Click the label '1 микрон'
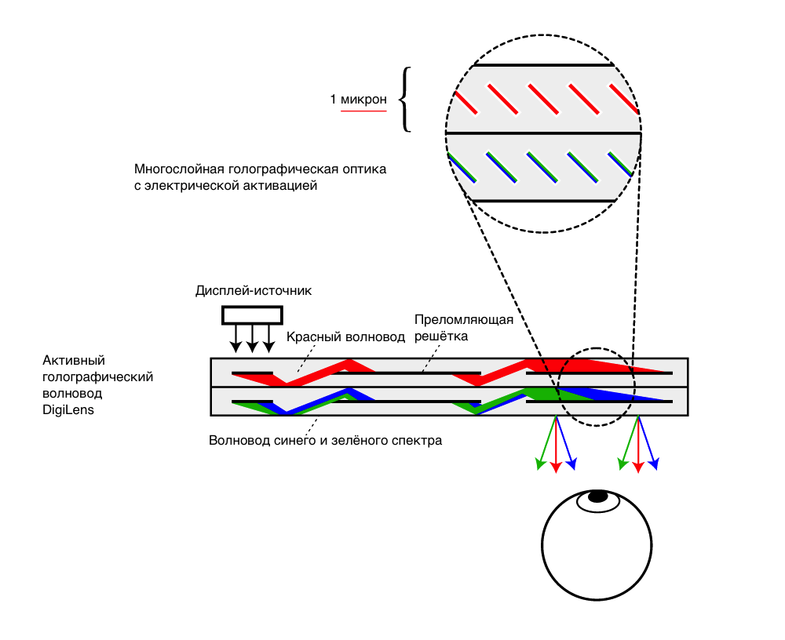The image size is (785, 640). point(358,100)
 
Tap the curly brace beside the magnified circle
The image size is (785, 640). point(405,99)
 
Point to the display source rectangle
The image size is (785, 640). point(252,315)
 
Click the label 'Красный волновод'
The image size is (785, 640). point(345,336)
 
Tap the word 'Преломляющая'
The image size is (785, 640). point(463,320)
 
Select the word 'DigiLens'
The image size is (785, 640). point(68,409)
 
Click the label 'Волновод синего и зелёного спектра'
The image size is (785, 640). point(325,441)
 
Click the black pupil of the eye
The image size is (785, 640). point(598,496)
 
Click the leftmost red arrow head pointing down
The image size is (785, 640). point(556,467)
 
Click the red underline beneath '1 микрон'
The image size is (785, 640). point(363,111)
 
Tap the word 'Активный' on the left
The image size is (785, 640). point(74,361)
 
